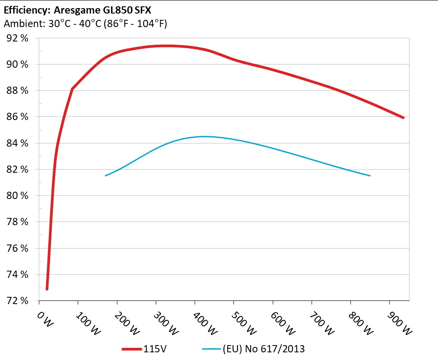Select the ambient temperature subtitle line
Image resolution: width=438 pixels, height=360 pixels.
[x=85, y=24]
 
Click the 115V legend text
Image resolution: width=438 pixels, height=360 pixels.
[x=155, y=349]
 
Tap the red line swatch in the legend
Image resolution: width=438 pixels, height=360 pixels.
[x=131, y=349]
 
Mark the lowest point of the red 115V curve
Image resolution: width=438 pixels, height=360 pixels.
[x=47, y=289]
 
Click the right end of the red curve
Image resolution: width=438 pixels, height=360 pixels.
[x=403, y=117]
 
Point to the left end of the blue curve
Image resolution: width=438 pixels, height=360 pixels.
[x=105, y=175]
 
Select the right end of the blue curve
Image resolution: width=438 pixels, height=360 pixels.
[x=370, y=175]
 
